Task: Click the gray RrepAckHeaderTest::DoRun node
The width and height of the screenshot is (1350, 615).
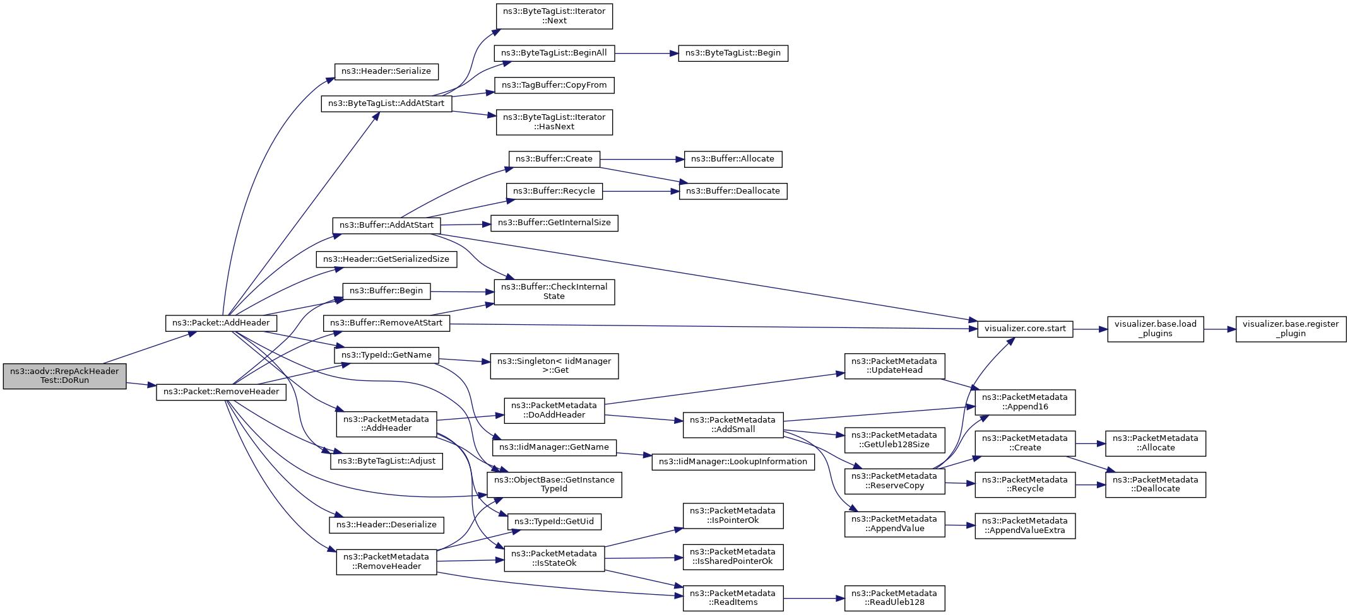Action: point(64,376)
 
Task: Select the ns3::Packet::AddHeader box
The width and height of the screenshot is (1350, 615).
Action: point(221,323)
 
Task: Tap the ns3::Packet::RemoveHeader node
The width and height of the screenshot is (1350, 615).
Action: point(221,392)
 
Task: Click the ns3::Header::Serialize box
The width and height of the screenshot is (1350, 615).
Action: point(386,71)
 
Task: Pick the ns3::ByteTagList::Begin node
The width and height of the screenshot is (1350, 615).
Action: point(733,53)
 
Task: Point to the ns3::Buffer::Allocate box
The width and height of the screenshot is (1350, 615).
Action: point(733,159)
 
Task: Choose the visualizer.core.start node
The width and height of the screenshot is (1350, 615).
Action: point(1025,329)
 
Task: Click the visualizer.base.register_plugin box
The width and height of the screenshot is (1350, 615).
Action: point(1291,329)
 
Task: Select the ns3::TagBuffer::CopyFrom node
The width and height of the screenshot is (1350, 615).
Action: point(554,85)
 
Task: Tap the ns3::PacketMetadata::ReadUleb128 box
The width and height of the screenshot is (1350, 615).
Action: point(894,598)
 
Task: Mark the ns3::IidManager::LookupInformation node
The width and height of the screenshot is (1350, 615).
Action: point(733,462)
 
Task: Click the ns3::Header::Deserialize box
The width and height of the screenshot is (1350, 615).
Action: point(386,525)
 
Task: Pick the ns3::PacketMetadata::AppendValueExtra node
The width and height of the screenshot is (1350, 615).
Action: point(1025,525)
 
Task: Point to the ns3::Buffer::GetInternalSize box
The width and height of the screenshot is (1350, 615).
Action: point(554,223)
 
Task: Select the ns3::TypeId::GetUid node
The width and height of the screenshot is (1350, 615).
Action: point(554,522)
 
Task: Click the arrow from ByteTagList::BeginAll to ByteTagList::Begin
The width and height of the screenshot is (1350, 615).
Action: point(646,53)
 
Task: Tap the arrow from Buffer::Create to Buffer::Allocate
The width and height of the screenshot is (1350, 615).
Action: point(642,159)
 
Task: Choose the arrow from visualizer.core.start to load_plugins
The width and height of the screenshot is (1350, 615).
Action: point(1090,329)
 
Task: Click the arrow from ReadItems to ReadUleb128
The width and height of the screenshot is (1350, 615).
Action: point(814,598)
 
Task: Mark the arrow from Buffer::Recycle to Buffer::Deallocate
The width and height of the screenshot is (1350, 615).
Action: point(641,191)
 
